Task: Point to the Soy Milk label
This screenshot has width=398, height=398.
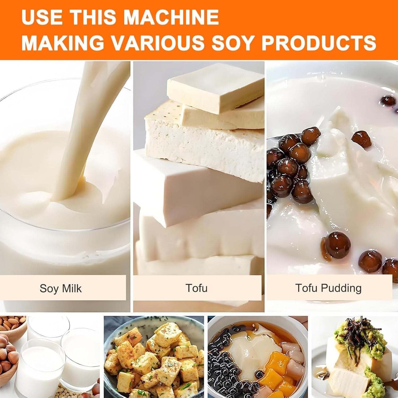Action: [61, 288]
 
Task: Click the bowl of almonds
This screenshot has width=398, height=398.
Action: [12, 325]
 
